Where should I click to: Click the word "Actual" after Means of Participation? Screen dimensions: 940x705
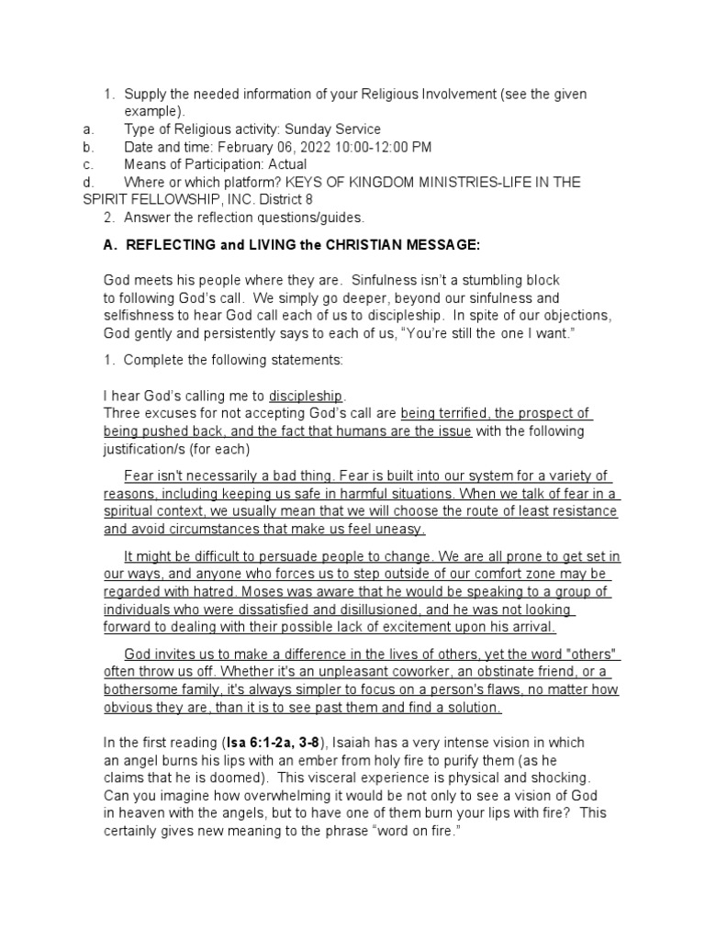coord(286,164)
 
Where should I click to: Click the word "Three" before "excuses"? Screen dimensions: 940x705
coord(121,413)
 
